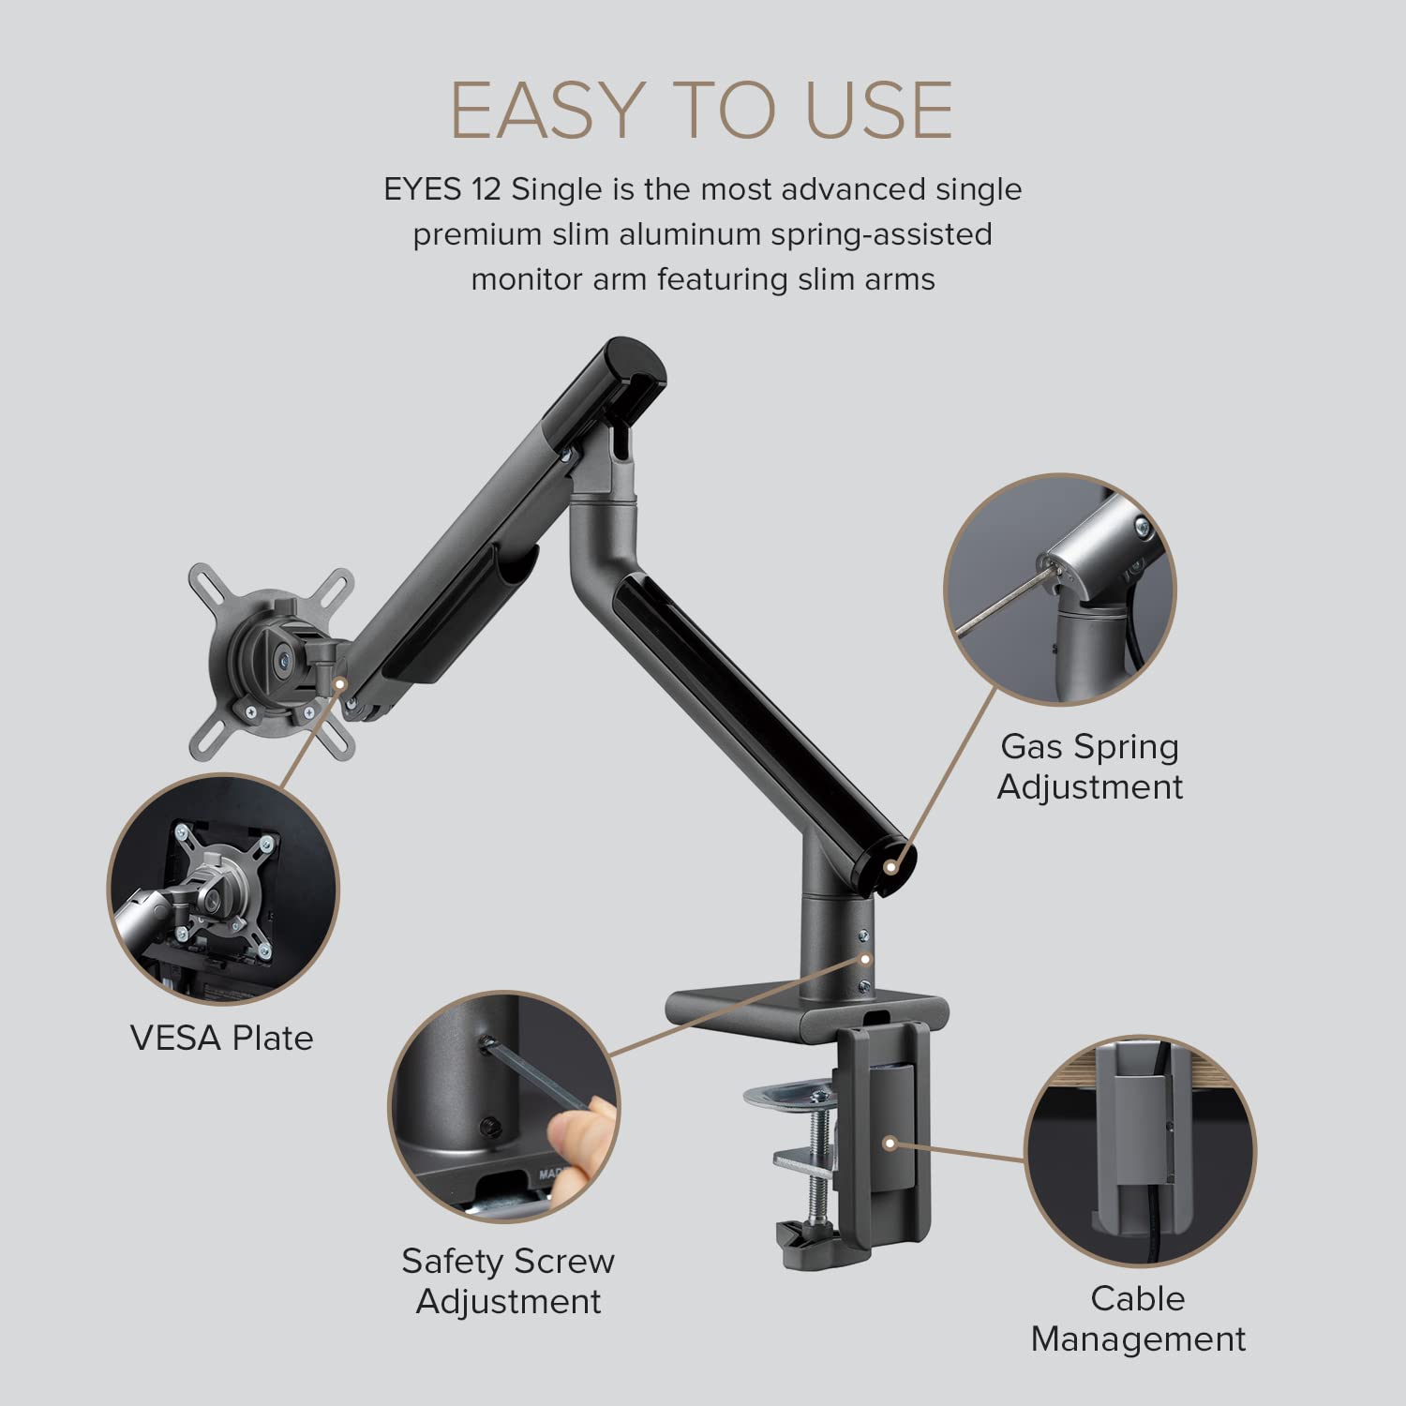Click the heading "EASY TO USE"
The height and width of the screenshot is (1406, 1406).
702,110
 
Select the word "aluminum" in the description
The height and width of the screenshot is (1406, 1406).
692,233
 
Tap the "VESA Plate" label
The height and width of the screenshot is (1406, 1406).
221,1038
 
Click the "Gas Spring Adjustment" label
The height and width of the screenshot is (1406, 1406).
1089,766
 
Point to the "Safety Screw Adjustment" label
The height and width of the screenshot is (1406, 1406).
508,1280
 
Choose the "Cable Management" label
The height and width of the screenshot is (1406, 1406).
1138,1318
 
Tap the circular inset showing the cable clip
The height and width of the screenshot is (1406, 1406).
1139,1152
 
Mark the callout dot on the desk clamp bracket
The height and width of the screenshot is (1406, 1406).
888,1143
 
